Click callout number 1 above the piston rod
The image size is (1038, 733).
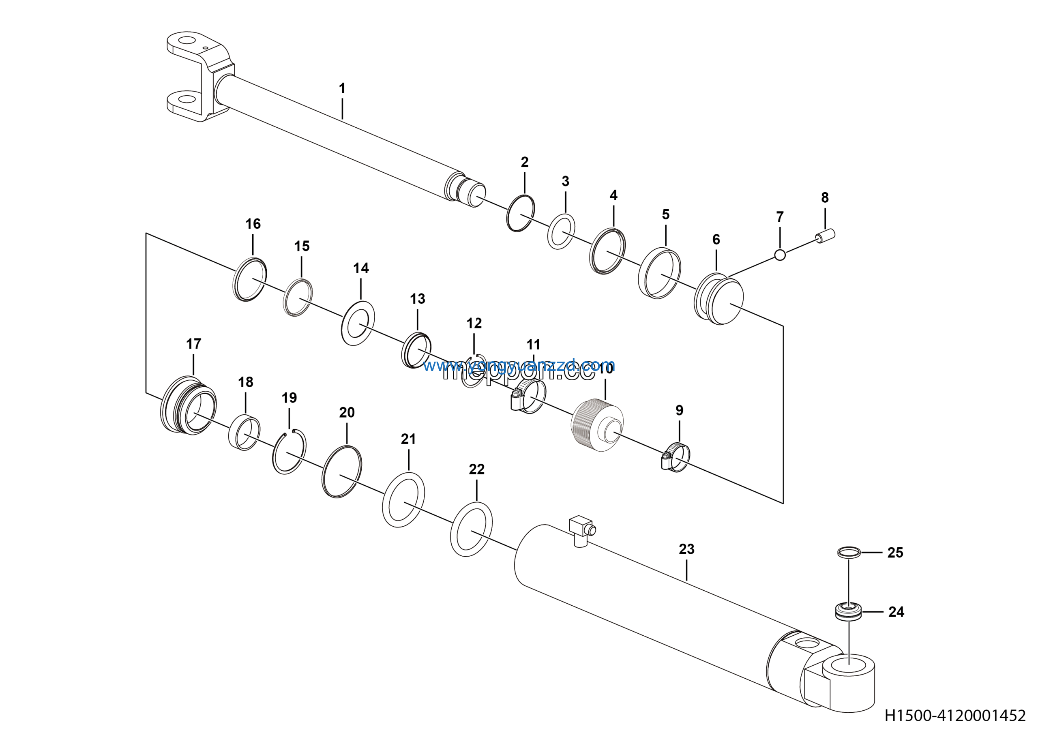click(x=342, y=88)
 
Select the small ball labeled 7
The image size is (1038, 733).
click(x=780, y=255)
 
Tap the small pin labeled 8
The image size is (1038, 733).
click(x=826, y=236)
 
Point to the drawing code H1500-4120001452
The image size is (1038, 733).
click(x=954, y=716)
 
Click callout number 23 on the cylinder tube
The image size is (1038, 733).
click(x=686, y=549)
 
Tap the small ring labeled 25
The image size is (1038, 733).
click(x=849, y=552)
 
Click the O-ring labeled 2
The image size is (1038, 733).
click(x=520, y=213)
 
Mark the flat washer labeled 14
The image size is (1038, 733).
click(x=358, y=323)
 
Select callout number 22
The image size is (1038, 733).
click(x=476, y=469)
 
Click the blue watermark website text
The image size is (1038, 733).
click(x=519, y=365)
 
